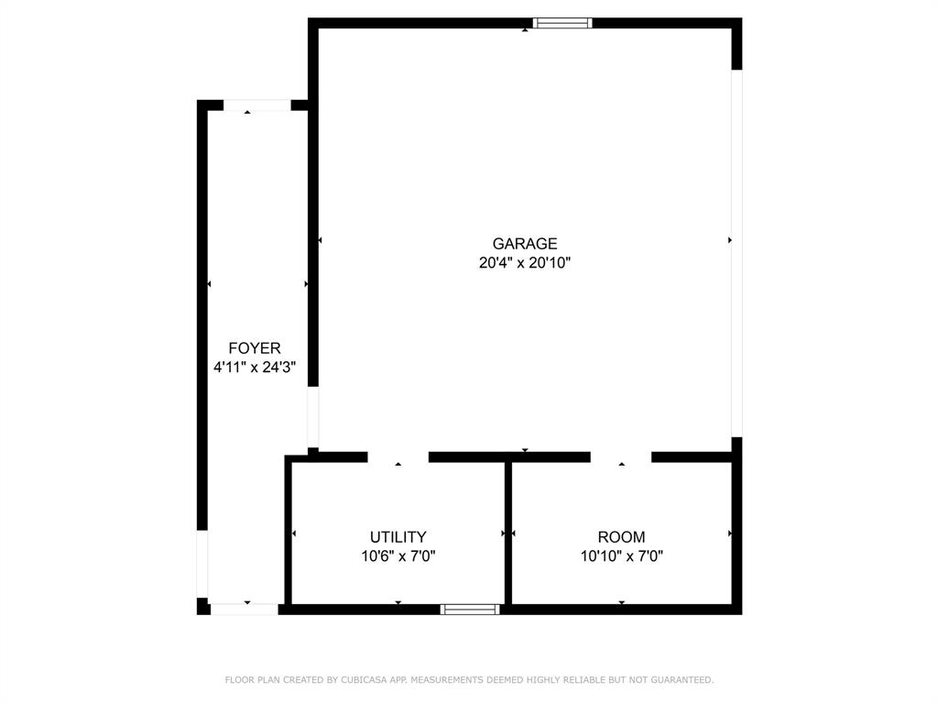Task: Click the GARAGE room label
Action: click(x=525, y=244)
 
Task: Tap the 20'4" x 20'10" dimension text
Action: click(x=525, y=263)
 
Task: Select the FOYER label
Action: click(x=255, y=348)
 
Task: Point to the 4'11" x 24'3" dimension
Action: click(x=255, y=368)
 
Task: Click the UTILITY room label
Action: click(x=398, y=537)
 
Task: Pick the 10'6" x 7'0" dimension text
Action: click(x=398, y=555)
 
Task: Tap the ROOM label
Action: click(x=621, y=537)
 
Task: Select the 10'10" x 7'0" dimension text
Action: click(x=621, y=555)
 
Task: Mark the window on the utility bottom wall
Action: click(x=470, y=609)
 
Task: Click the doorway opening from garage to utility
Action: click(x=398, y=456)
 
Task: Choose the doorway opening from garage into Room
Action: click(x=620, y=456)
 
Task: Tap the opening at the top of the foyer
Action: click(x=256, y=105)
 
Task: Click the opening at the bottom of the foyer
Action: click(x=244, y=609)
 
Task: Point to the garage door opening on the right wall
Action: click(x=736, y=253)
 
